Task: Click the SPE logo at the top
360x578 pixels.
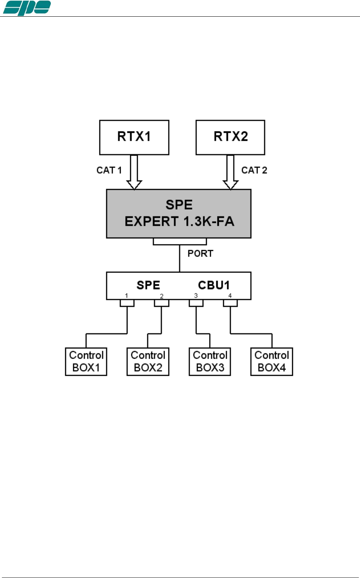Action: [27, 8]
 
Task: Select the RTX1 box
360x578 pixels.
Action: [134, 137]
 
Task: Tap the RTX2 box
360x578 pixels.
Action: [230, 137]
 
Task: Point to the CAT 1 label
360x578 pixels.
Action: [109, 170]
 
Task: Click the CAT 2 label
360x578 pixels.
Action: [254, 170]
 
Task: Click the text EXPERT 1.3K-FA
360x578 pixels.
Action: [179, 221]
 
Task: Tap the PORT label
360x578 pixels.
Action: [200, 254]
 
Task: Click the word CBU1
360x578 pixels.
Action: [214, 285]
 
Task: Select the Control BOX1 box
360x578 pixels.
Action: [86, 362]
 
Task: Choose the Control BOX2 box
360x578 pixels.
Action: [148, 362]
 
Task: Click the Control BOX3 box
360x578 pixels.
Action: [210, 362]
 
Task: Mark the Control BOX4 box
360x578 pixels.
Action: [272, 362]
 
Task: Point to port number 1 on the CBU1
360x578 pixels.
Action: [126, 296]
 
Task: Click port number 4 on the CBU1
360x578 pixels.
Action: [230, 296]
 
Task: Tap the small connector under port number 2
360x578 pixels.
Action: [162, 303]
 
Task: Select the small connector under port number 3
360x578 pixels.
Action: [196, 303]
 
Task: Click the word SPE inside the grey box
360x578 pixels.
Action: [179, 205]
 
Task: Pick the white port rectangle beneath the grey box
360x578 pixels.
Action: [180, 241]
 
